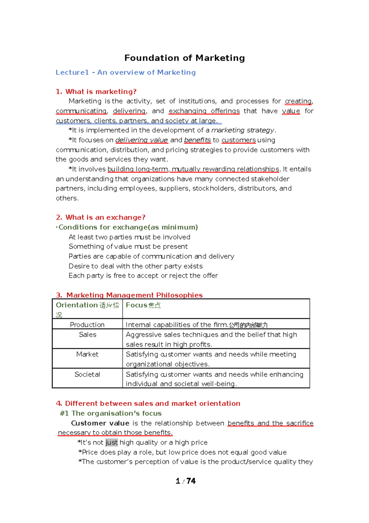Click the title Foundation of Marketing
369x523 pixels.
[184, 58]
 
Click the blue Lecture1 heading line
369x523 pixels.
[125, 72]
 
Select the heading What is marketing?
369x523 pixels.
[96, 91]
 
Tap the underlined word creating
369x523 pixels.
[298, 101]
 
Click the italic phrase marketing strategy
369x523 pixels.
[243, 130]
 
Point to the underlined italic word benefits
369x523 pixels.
[197, 140]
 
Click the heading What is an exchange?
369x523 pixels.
[101, 217]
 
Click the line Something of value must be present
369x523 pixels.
[128, 246]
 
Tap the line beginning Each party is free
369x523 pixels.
[143, 276]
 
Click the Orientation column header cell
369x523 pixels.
[87, 309]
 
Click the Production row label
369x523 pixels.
[87, 325]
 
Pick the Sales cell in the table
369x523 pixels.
[88, 335]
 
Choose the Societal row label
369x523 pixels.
[87, 374]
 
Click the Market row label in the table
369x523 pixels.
[87, 354]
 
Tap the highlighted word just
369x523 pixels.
[111, 443]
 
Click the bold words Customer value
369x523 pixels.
[100, 423]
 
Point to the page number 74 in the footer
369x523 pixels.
[191, 481]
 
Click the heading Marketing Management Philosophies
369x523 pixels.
[134, 295]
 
